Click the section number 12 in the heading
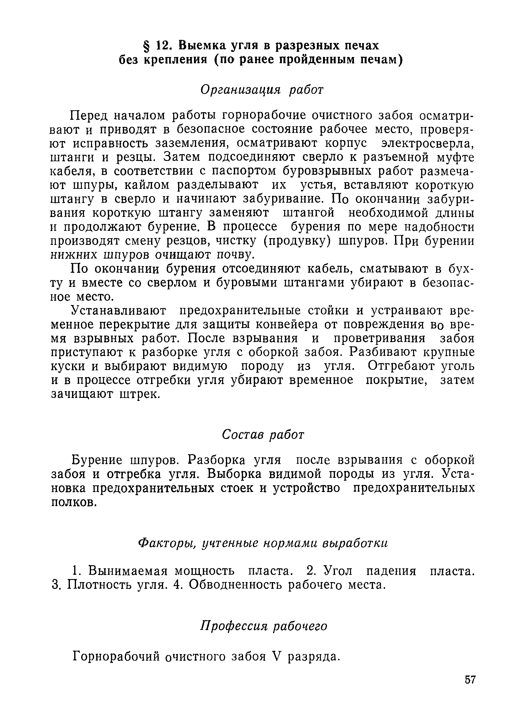pos(163,46)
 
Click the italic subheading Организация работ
pos(262,90)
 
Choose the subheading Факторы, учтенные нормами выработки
pos(263,543)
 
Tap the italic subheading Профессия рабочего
pos(264,626)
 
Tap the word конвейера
pos(286,325)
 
